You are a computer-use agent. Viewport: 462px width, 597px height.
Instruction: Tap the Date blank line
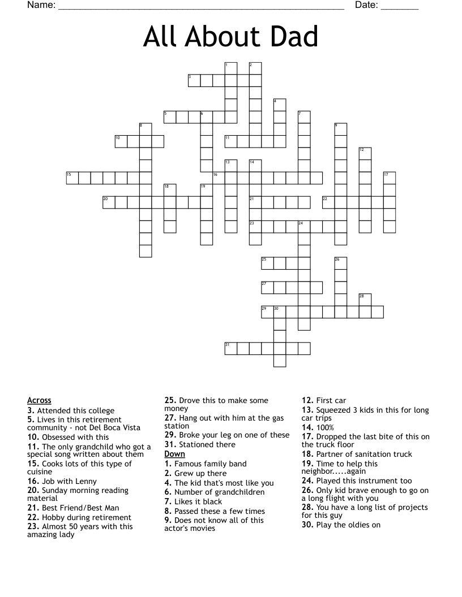[x=400, y=8]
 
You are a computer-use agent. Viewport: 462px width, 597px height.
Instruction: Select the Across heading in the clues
[x=39, y=401]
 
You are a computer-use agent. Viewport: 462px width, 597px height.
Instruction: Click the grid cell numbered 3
[x=194, y=80]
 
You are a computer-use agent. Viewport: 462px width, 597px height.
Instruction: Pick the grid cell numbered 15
[x=72, y=178]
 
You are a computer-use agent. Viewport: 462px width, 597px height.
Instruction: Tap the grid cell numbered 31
[x=230, y=348]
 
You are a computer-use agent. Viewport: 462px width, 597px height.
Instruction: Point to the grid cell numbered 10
[x=121, y=141]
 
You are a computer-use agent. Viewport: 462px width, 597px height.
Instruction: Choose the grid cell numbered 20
[x=109, y=202]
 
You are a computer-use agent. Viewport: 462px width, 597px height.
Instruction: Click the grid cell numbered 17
[x=389, y=178]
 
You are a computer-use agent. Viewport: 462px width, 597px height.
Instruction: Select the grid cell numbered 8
[x=145, y=129]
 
